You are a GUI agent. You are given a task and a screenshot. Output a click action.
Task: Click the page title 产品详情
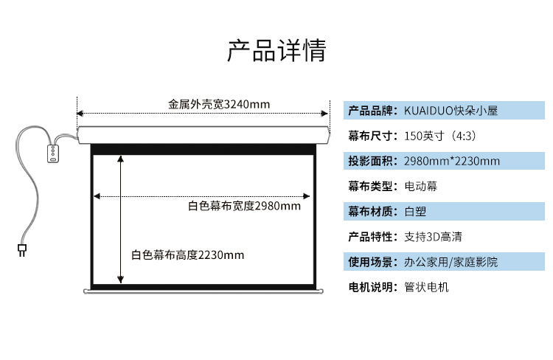[276, 50]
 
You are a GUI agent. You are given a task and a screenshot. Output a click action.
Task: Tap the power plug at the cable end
[22, 250]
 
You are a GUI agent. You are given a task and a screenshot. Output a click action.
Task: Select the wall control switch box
[53, 153]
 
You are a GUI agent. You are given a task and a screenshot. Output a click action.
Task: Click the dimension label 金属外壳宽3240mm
[219, 105]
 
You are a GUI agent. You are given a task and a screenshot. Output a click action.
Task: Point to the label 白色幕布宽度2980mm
[244, 206]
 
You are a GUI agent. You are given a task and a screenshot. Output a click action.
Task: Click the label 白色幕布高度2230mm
[187, 255]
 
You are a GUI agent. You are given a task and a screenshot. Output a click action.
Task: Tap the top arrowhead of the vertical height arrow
[121, 159]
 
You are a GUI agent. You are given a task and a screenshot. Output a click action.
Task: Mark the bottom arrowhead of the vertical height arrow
[121, 280]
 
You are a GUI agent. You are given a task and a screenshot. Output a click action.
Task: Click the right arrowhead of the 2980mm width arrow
[307, 196]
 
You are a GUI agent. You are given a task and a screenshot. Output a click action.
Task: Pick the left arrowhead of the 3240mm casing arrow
[80, 114]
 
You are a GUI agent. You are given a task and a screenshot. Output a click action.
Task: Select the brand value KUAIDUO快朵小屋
[451, 111]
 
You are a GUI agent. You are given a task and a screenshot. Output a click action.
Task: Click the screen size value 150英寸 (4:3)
[440, 136]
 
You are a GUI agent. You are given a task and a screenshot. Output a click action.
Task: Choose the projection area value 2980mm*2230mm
[452, 162]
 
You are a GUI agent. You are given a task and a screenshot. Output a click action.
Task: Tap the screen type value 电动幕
[421, 186]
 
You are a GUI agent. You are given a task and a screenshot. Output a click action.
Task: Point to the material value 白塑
[415, 212]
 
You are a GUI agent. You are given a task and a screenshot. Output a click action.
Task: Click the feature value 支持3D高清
[433, 237]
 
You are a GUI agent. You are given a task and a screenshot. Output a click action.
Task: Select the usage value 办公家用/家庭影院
[451, 262]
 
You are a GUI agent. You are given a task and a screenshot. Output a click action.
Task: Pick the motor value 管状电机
[426, 287]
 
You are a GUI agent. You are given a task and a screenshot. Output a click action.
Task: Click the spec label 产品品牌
[370, 111]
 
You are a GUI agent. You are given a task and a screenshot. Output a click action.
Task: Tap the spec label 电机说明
[370, 287]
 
